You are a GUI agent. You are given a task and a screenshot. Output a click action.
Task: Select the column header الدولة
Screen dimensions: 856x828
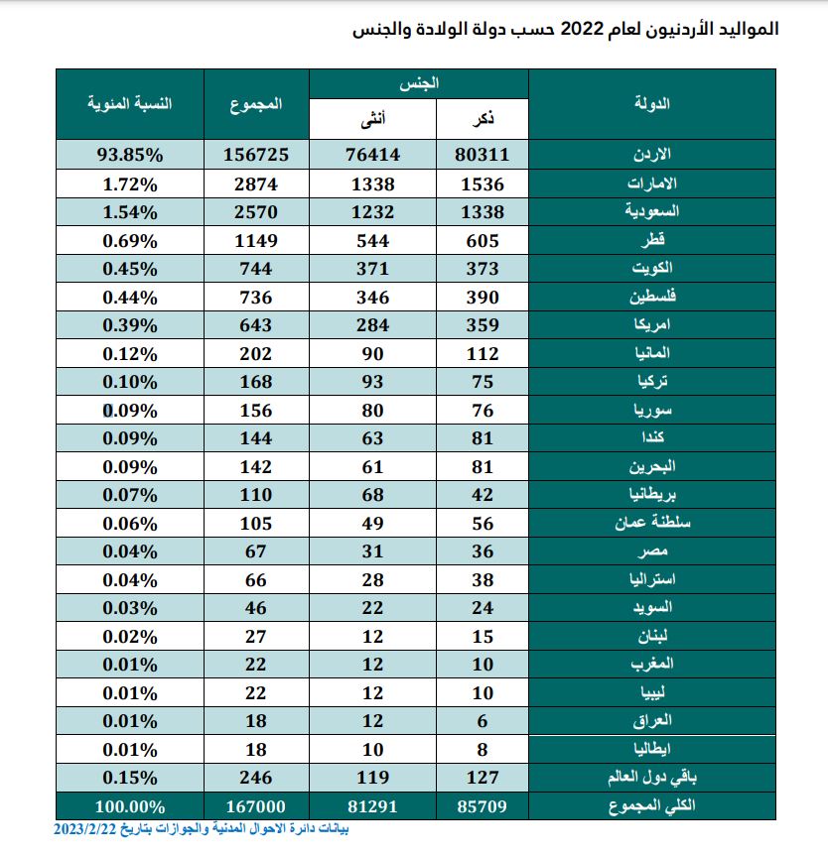[651, 103]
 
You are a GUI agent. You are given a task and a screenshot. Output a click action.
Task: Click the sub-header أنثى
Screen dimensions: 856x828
[372, 120]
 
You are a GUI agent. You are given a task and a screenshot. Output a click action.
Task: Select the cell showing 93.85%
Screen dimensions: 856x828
[131, 155]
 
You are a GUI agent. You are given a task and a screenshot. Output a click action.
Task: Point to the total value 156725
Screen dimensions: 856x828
[255, 155]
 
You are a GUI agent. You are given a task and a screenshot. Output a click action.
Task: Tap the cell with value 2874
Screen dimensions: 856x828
[255, 183]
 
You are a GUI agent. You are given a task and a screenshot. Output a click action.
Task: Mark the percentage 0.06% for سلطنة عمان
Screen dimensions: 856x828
[131, 523]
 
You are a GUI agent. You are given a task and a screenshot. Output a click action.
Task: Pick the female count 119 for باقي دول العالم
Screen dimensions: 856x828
[372, 778]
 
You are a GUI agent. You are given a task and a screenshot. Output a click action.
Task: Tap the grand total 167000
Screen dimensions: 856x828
[255, 806]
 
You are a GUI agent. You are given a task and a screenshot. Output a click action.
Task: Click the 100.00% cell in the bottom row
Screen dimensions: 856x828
[131, 806]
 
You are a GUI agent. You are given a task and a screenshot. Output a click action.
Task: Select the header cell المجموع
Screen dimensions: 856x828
[255, 103]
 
